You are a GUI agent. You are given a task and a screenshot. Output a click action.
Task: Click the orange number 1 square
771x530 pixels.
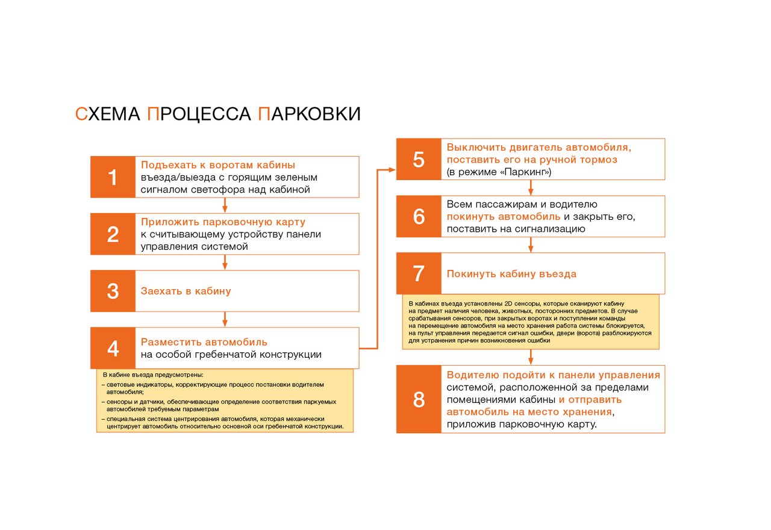113,177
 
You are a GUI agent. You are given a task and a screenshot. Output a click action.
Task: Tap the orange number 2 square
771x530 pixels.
113,234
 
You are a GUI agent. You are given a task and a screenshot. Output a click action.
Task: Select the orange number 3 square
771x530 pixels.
113,291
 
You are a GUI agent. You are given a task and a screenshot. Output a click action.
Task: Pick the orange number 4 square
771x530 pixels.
113,348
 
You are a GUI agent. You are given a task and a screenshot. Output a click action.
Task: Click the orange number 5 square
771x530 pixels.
419,159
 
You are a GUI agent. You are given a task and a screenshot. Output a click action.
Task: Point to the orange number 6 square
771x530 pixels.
419,216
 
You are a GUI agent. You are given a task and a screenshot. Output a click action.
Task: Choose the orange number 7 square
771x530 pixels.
419,273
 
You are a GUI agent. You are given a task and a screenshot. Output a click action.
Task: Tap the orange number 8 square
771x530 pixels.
419,399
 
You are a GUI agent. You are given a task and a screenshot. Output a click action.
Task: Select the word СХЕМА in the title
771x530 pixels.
108,114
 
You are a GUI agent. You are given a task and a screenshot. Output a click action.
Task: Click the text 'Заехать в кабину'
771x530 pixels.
186,291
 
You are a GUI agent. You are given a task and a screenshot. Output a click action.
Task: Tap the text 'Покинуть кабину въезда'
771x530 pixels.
511,274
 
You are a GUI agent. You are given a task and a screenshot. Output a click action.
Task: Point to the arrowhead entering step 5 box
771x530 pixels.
392,170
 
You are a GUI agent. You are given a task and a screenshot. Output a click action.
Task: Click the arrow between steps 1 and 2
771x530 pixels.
225,205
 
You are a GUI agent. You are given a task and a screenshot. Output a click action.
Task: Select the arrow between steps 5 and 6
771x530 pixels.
531,187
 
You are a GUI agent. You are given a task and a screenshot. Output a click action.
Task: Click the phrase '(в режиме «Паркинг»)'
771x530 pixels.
499,172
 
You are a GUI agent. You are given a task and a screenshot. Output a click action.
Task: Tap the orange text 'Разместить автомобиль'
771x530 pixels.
204,342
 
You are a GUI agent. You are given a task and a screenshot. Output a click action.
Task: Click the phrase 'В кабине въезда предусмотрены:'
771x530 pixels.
153,375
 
